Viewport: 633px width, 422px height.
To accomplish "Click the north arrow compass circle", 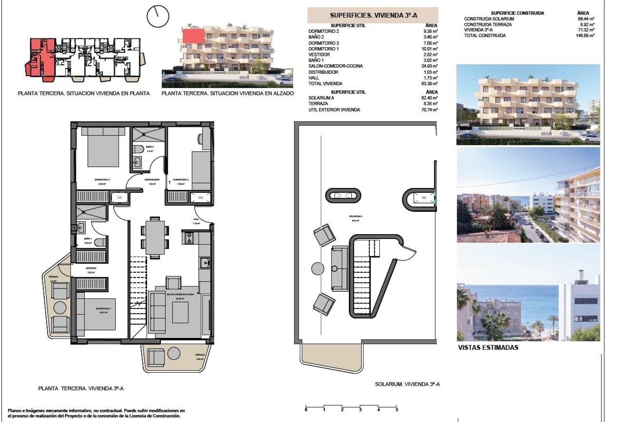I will pyautogui.click(x=158, y=16).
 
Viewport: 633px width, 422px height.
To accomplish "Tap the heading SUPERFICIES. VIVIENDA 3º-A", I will pyautogui.click(x=374, y=15).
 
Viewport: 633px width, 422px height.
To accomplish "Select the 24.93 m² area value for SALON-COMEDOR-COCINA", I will pyautogui.click(x=431, y=66).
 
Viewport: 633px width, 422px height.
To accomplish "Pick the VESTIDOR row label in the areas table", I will pyautogui.click(x=319, y=55).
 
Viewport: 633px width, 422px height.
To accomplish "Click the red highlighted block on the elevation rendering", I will pyautogui.click(x=193, y=36).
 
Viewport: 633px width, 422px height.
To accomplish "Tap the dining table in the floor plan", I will pyautogui.click(x=155, y=237).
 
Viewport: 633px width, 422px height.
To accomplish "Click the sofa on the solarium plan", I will pyautogui.click(x=340, y=268).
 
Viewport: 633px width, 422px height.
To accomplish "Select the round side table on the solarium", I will pyautogui.click(x=317, y=268).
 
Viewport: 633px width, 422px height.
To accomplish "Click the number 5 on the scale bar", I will pyautogui.click(x=397, y=410).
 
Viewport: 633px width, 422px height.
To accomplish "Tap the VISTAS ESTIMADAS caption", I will pyautogui.click(x=488, y=347).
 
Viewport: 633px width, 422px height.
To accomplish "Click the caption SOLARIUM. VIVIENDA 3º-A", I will pyautogui.click(x=407, y=384).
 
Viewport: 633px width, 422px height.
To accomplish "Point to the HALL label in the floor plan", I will pyautogui.click(x=196, y=219).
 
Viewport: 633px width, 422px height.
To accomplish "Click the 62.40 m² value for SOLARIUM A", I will pyautogui.click(x=431, y=98).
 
